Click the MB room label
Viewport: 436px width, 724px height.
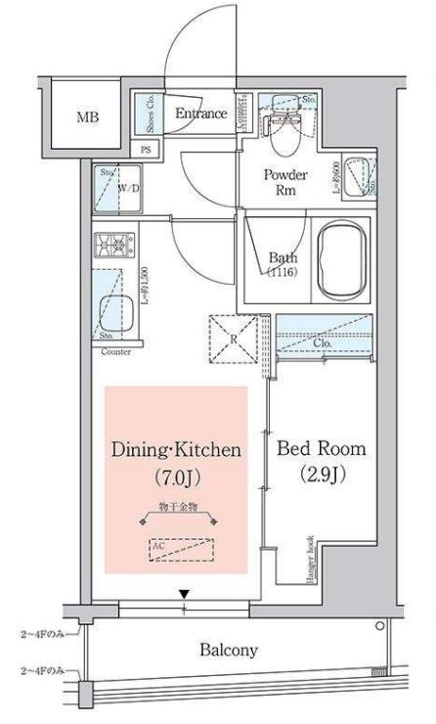pyautogui.click(x=88, y=118)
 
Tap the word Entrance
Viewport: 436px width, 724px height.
pyautogui.click(x=200, y=113)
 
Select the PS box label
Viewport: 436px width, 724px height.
pyautogui.click(x=147, y=150)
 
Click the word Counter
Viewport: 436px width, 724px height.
pyautogui.click(x=115, y=349)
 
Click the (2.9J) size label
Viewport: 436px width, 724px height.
pyautogui.click(x=322, y=476)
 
